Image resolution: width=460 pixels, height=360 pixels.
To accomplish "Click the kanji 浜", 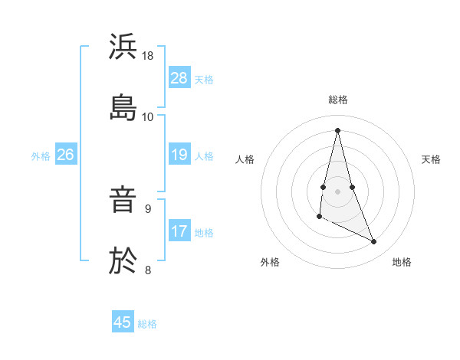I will pos(123,47).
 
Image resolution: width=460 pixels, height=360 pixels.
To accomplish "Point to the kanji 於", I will pos(123,260).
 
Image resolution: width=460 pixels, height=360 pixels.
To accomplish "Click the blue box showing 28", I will pos(179,78).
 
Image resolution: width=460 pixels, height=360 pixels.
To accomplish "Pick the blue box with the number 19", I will pos(179,155).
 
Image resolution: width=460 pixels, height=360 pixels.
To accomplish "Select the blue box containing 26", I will pos(65,155).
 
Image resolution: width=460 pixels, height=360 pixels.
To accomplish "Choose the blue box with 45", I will pos(123,322).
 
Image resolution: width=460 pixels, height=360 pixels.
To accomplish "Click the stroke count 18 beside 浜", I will pos(148,56).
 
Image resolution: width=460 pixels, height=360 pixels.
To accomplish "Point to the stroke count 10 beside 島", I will pos(148,116).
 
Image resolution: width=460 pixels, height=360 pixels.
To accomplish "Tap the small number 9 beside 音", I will pos(148,208).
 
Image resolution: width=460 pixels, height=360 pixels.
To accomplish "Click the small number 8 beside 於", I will pos(148,269).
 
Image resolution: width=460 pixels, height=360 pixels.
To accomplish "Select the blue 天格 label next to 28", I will pos(204,79).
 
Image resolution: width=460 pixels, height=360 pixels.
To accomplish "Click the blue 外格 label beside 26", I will pos(41,156).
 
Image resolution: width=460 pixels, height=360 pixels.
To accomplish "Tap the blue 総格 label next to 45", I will pos(147,323).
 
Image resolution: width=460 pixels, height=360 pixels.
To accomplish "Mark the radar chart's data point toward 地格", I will pos(374,242).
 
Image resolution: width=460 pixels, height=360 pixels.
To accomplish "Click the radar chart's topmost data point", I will pos(337,129).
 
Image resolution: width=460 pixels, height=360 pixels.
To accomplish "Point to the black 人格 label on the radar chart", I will pos(245,159).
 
